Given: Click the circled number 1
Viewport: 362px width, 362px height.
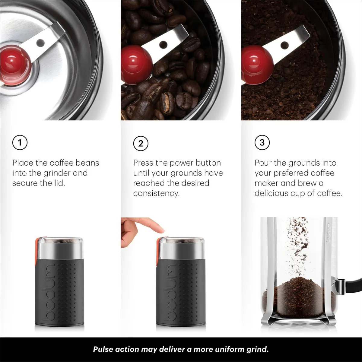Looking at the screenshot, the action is click(x=20, y=142).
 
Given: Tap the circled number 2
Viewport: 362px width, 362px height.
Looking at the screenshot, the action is click(x=141, y=144).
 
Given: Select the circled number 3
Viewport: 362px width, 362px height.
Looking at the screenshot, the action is click(x=262, y=142).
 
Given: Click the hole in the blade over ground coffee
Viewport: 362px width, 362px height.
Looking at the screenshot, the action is click(x=284, y=45).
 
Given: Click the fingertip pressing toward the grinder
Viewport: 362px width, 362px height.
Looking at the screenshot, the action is click(x=160, y=229).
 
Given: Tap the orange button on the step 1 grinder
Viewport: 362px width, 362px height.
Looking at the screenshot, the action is click(x=37, y=252).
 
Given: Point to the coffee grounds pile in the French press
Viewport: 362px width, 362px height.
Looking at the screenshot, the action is click(x=299, y=297).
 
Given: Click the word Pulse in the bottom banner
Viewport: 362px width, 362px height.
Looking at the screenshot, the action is click(x=103, y=349).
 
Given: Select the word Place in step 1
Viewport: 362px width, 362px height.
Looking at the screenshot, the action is click(x=23, y=163).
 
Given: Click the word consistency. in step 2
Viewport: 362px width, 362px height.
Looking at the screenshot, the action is click(x=156, y=193).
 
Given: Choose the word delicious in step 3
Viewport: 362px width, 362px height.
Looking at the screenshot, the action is click(x=271, y=193).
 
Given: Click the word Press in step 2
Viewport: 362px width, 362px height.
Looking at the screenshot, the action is click(x=143, y=163).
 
